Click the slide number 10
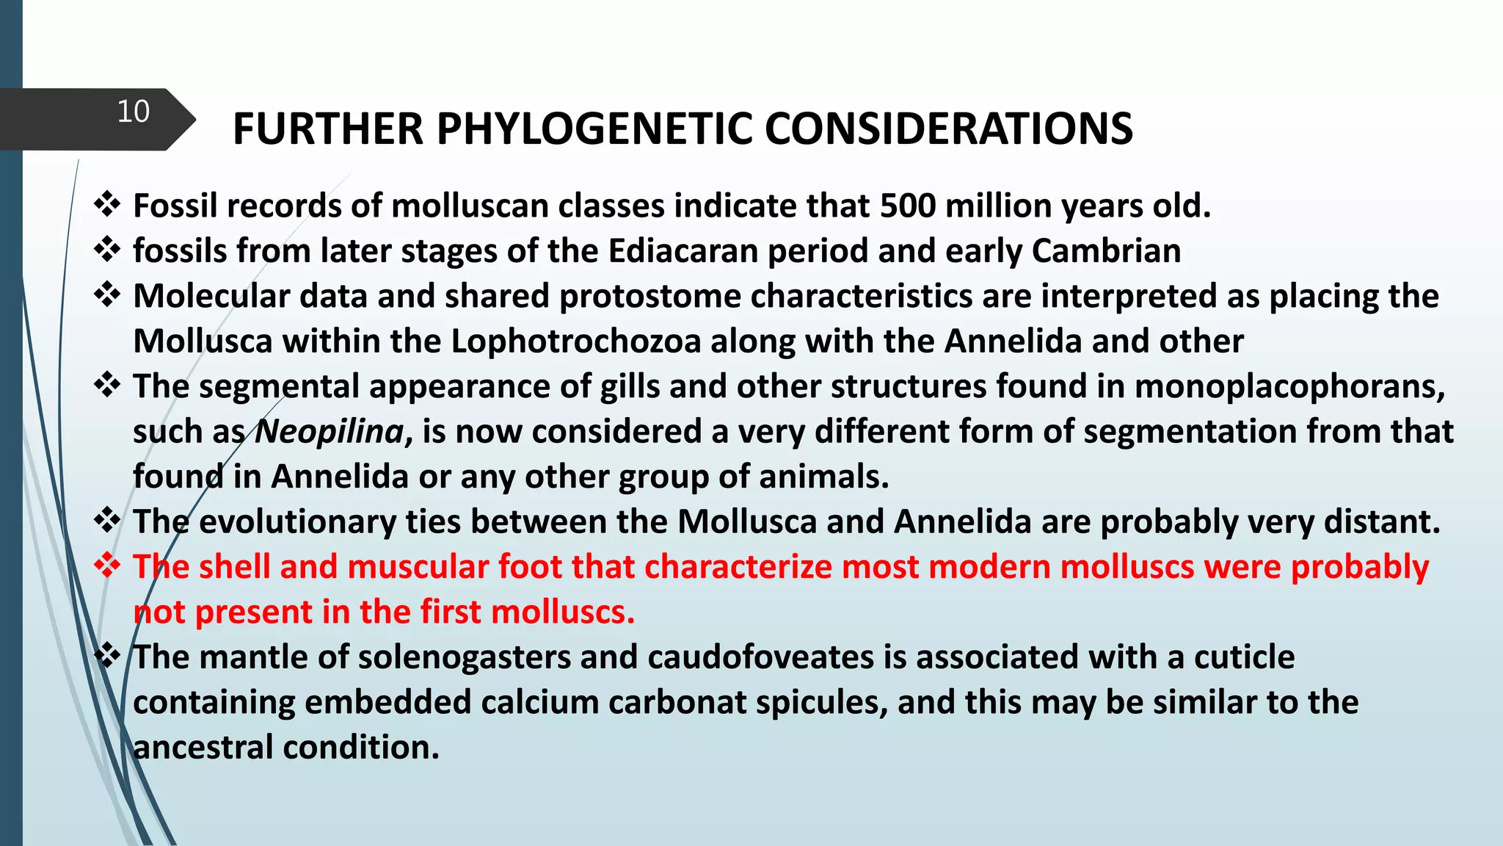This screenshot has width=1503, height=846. pos(133,112)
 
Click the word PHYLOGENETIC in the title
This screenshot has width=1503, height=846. pos(594,129)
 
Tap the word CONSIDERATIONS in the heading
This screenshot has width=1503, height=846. pos(948,129)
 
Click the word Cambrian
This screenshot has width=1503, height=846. pos(1106,251)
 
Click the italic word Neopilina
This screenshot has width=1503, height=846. pos(330,432)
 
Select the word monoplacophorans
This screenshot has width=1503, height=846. pos(1289,387)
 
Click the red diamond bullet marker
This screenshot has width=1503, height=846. pos(108,565)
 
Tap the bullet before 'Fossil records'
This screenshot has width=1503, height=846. pos(108,204)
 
